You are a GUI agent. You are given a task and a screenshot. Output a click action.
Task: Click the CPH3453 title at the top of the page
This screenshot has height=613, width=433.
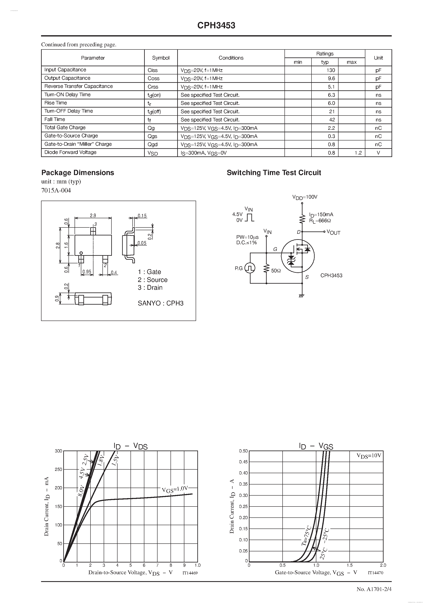216,25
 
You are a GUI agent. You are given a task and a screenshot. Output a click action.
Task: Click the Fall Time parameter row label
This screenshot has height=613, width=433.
55,119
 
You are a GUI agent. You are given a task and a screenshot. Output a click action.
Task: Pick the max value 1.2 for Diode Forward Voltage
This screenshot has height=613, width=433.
358,153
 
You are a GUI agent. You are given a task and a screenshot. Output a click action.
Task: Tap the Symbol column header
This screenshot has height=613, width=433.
161,58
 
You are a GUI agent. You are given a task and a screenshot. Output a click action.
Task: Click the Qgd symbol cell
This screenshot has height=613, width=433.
153,144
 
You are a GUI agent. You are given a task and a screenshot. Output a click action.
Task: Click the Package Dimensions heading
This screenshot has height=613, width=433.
78,173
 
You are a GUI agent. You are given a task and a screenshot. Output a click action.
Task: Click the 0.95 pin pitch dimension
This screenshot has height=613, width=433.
87,272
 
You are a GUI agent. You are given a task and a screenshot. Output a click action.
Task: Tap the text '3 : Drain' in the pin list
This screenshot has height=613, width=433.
150,288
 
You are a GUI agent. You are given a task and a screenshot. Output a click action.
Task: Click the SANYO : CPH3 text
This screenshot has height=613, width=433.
161,303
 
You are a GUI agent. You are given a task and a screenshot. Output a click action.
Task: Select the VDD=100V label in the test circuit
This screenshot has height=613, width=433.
305,197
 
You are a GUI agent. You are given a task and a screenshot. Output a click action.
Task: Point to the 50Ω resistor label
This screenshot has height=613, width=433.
276,271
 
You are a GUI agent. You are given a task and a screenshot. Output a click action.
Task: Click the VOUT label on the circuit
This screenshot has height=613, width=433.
333,232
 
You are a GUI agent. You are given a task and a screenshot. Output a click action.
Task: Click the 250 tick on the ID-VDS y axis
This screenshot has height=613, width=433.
58,469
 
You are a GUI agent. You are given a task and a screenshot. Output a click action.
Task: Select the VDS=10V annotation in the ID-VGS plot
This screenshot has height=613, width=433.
369,456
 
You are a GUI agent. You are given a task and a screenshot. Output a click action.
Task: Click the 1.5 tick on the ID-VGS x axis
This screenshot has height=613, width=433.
349,565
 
